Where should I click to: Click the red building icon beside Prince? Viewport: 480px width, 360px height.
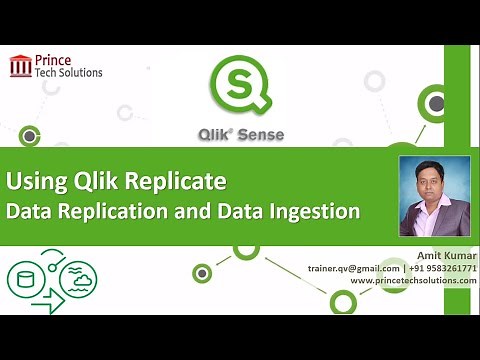coord(20,67)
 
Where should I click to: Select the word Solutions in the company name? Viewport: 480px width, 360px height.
coord(79,72)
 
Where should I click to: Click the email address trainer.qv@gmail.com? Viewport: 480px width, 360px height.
coord(357,269)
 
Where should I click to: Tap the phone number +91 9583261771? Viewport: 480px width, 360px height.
coord(442,269)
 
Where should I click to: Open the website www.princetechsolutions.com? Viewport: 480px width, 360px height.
coord(413,281)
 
